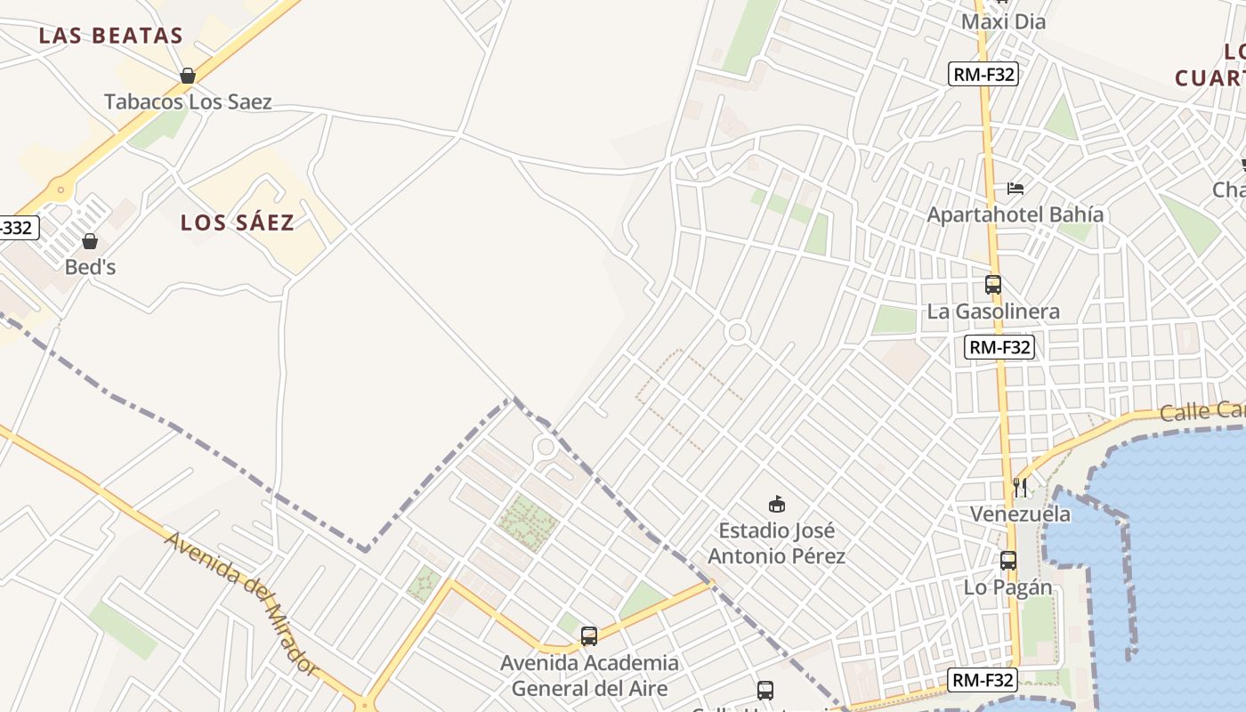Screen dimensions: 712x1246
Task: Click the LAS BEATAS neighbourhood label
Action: [111, 36]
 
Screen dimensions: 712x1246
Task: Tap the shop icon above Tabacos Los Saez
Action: [188, 76]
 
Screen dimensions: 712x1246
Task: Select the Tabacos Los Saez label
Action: [188, 101]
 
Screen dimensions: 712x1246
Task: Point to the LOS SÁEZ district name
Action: [238, 222]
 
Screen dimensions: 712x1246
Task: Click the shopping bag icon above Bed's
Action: [90, 241]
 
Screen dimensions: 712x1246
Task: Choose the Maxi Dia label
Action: [1003, 21]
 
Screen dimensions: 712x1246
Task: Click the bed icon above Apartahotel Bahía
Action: [1015, 189]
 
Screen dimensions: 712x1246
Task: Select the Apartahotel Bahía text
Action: [1015, 214]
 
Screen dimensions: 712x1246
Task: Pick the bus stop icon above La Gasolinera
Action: [993, 285]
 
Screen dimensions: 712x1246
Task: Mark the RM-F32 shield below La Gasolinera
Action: [999, 347]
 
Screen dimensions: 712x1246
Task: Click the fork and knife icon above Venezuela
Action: [1020, 487]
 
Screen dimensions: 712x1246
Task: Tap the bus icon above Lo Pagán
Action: [1008, 561]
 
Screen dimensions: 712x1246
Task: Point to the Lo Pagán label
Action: [1008, 587]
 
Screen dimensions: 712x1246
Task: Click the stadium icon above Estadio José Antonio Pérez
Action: [777, 505]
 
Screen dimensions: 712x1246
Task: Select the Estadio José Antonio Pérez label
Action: [777, 543]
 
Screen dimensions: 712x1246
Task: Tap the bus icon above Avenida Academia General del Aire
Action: [589, 636]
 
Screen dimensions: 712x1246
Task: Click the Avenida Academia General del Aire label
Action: [589, 676]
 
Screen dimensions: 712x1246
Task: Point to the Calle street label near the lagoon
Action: [1201, 411]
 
